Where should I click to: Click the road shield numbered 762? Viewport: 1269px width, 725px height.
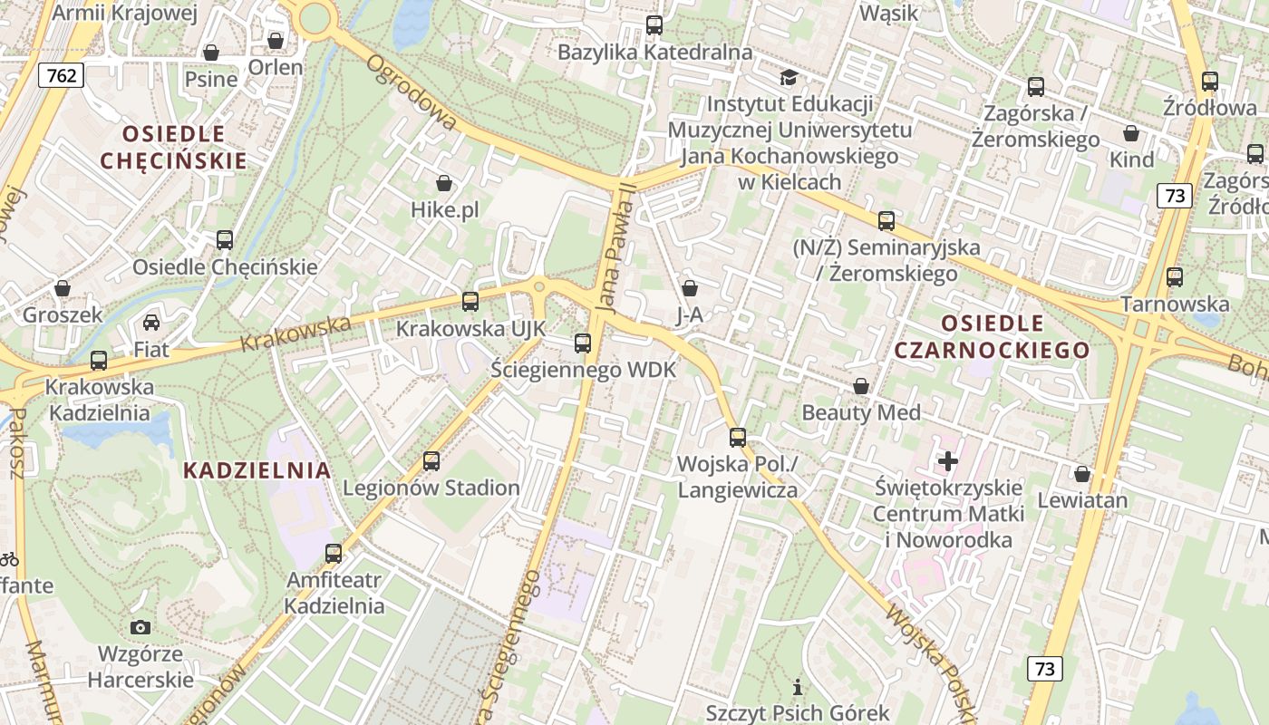pyautogui.click(x=61, y=75)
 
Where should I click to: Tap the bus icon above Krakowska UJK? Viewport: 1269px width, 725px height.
pyautogui.click(x=470, y=302)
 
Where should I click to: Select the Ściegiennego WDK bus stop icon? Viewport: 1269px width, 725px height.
pyautogui.click(x=583, y=343)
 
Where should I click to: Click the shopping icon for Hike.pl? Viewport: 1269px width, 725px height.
pyautogui.click(x=444, y=184)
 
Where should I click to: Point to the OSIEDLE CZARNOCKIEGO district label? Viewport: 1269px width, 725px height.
pyautogui.click(x=992, y=336)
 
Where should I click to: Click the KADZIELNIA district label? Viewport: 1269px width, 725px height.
pyautogui.click(x=257, y=470)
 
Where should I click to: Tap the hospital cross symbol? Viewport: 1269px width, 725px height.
pyautogui.click(x=948, y=461)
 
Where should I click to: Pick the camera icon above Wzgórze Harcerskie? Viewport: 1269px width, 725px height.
pyautogui.click(x=140, y=627)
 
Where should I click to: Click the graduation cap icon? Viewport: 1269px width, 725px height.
pyautogui.click(x=789, y=77)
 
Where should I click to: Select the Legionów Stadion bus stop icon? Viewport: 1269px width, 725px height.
pyautogui.click(x=431, y=461)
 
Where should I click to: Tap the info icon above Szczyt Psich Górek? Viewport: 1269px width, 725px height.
pyautogui.click(x=798, y=687)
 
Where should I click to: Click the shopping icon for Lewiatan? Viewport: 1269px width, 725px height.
pyautogui.click(x=1082, y=474)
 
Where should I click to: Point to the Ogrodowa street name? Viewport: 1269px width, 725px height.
pyautogui.click(x=412, y=92)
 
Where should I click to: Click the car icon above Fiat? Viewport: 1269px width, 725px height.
pyautogui.click(x=151, y=323)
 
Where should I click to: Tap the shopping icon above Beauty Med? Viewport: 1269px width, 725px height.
pyautogui.click(x=861, y=387)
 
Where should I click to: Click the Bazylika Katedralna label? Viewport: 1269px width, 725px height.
pyautogui.click(x=654, y=52)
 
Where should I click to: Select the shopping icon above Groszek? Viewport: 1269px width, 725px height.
pyautogui.click(x=63, y=288)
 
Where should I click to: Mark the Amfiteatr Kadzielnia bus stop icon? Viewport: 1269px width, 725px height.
pyautogui.click(x=334, y=553)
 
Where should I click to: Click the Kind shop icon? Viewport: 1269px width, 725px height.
pyautogui.click(x=1131, y=134)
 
